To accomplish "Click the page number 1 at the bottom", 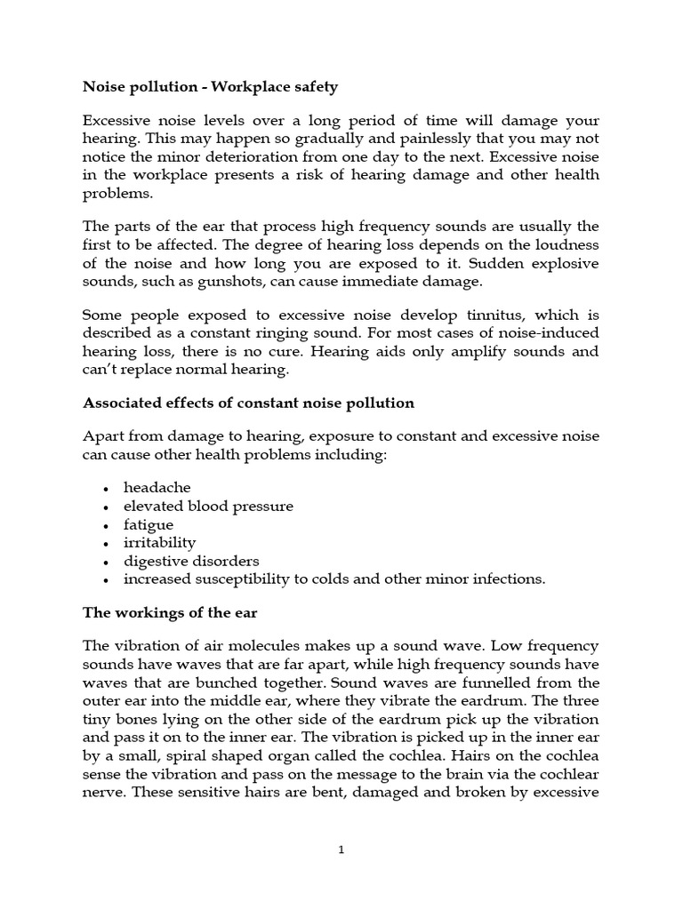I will tap(341, 850).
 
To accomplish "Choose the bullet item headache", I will tap(157, 488).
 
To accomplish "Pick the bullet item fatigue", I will tap(149, 524).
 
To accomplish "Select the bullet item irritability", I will tap(159, 542).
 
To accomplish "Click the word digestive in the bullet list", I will tap(154, 561).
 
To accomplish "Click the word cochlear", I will tap(568, 772).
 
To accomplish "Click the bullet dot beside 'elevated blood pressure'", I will tap(106, 507).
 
